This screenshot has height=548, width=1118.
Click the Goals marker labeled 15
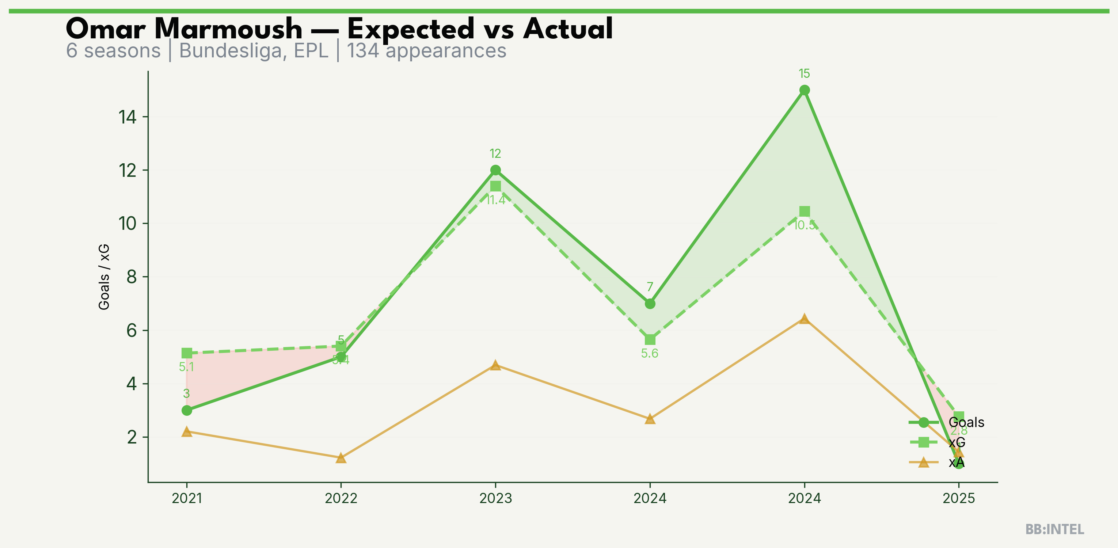point(804,90)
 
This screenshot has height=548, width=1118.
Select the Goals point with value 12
point(495,170)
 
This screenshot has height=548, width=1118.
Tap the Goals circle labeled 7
point(650,304)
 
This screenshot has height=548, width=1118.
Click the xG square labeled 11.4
point(495,186)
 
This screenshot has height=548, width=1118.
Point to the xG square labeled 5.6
point(650,340)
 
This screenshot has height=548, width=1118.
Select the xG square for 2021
point(187,353)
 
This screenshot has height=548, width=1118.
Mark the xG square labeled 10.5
point(804,211)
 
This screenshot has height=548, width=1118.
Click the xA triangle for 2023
point(495,365)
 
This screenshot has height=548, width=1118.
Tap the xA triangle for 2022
point(341,458)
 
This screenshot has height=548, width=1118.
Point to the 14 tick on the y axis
point(128,117)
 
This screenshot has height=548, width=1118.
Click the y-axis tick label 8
point(132,277)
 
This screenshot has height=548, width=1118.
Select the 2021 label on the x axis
point(187,498)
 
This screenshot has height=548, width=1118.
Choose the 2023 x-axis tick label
point(495,498)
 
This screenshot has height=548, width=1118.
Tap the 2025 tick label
point(959,498)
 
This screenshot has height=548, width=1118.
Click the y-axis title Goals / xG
point(104,277)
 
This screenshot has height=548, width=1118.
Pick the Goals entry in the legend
point(966,422)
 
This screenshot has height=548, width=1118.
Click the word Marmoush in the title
point(228,30)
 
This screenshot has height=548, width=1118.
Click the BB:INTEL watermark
point(1055,529)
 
